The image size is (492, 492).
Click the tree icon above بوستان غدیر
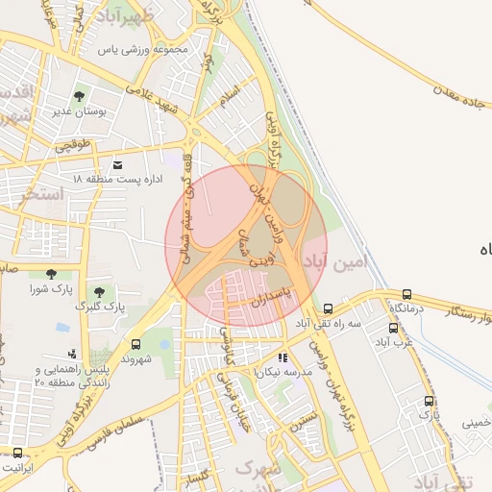click(x=79, y=96)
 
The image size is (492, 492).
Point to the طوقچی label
click(x=71, y=147)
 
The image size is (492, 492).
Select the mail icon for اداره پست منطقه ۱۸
click(x=118, y=165)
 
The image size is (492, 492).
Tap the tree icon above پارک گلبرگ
click(x=99, y=292)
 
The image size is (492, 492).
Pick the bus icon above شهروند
click(x=135, y=344)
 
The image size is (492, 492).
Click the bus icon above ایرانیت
click(x=17, y=452)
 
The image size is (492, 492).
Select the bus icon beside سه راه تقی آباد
click(x=329, y=308)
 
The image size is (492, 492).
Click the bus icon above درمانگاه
click(x=406, y=294)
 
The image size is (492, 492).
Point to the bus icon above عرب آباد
click(x=393, y=328)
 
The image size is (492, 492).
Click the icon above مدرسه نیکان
click(x=283, y=357)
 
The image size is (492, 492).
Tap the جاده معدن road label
click(x=452, y=86)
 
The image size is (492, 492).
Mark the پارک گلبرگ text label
click(x=100, y=307)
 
